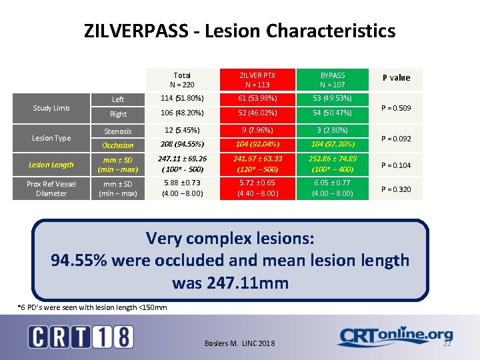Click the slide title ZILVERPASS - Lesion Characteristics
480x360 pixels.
[239, 31]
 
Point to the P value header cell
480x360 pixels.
[396, 78]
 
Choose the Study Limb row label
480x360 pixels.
[51, 107]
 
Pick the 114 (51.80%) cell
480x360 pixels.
[182, 99]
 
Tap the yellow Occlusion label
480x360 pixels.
[118, 145]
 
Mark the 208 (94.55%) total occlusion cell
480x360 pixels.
[182, 144]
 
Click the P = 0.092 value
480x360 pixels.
[396, 139]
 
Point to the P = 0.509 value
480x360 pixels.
[396, 107]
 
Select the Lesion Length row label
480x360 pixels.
[51, 165]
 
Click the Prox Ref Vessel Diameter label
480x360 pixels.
[51, 189]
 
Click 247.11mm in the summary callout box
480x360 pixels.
[230, 283]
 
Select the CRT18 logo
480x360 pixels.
[80, 337]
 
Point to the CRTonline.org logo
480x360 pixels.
[395, 337]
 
